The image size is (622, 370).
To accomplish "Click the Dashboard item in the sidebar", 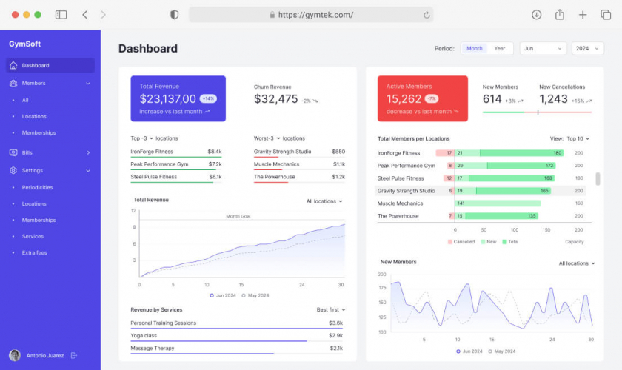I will (36, 65).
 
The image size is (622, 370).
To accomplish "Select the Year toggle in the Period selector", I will (500, 49).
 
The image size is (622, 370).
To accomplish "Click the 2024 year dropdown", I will (588, 49).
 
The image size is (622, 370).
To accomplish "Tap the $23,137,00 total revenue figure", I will (168, 98).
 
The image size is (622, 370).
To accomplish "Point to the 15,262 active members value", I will (404, 98).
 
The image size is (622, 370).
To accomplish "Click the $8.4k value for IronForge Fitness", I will (215, 152).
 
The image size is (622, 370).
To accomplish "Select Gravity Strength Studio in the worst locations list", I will (282, 152).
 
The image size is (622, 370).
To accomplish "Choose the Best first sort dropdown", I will (331, 309).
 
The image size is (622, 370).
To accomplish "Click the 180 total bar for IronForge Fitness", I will (558, 153).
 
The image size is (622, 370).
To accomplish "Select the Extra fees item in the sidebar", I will (34, 253).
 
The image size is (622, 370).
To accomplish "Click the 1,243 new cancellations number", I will (553, 99).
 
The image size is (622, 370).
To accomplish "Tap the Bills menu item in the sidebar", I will (27, 152).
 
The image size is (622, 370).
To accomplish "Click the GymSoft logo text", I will (24, 44).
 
